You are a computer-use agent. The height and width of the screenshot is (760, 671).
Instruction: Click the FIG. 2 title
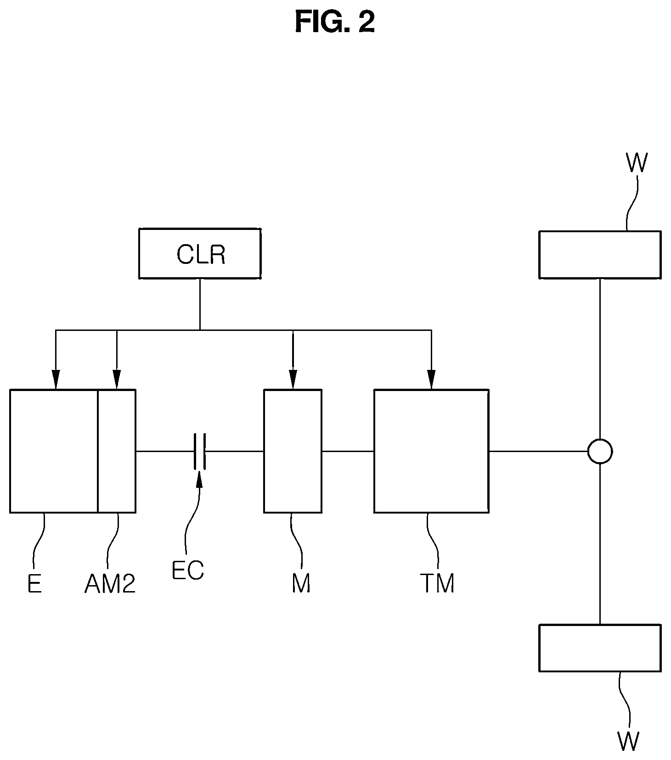(x=335, y=22)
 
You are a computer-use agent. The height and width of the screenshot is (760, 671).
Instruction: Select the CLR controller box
(x=200, y=253)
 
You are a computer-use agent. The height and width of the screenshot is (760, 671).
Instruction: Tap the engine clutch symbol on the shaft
(x=200, y=451)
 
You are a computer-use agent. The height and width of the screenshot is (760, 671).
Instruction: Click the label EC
(x=187, y=570)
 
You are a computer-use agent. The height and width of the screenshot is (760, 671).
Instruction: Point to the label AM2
(x=110, y=584)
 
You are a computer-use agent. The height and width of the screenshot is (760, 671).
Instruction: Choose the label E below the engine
(x=34, y=584)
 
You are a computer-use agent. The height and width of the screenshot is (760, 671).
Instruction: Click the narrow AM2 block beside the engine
(x=117, y=451)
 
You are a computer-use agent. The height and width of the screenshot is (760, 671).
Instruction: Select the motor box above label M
(x=293, y=451)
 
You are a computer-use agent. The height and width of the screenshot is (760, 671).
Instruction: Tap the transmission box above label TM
(x=431, y=451)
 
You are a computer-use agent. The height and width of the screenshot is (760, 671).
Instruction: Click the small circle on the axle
(x=600, y=452)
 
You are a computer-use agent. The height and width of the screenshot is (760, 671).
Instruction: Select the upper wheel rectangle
(x=600, y=255)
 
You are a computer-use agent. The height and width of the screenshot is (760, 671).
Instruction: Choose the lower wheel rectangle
(x=600, y=648)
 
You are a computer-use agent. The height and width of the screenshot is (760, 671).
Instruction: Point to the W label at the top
(x=637, y=163)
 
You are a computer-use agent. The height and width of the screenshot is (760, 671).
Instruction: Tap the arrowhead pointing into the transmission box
(x=431, y=380)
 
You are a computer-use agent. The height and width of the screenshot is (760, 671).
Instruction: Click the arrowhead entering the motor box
(x=293, y=380)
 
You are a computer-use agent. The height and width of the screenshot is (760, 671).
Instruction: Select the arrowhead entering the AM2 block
(x=117, y=380)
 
